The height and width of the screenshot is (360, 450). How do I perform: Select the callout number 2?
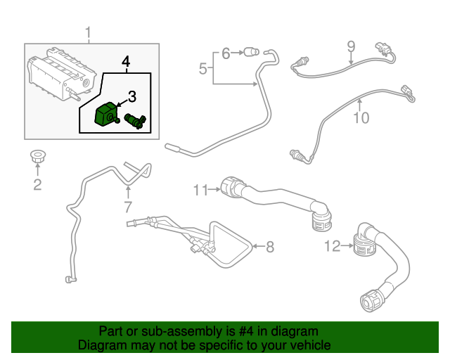37,185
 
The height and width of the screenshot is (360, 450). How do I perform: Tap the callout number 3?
131,96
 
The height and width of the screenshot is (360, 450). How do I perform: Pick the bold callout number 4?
126,63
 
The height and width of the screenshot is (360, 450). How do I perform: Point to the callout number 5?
202,69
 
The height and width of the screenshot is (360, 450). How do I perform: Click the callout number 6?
226,53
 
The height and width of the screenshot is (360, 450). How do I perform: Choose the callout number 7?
128,207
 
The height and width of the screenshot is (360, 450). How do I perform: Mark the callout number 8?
269,246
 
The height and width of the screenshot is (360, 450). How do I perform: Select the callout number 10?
360,117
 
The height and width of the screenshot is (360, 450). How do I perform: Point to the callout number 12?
332,245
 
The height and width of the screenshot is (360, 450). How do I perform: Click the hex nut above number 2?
37,157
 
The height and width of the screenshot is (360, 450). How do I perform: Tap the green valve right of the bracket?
134,120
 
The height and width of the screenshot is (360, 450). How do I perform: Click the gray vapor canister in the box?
59,73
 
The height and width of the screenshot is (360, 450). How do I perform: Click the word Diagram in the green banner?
101,345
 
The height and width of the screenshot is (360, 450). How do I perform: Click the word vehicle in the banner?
307,345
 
